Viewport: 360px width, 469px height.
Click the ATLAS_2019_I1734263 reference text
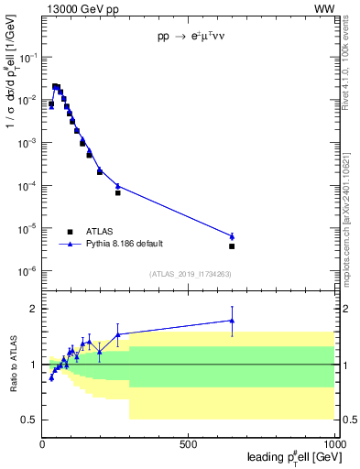point(190,274)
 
